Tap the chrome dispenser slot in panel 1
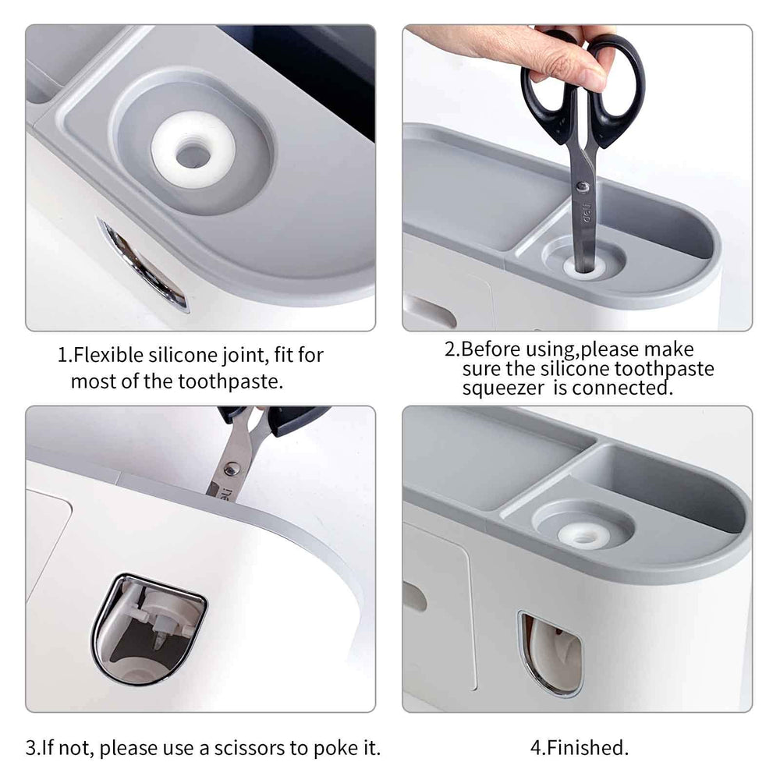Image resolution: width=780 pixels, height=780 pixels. pos(143,265)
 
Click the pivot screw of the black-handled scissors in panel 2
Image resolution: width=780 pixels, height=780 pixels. pos(583,187)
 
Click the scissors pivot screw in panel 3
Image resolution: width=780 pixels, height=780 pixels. pos(232,469)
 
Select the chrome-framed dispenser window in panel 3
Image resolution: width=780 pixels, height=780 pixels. pos(148,629)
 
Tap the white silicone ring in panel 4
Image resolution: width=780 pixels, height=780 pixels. pos(584,536)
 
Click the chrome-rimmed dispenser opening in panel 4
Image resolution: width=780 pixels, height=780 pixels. pos(550,654)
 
